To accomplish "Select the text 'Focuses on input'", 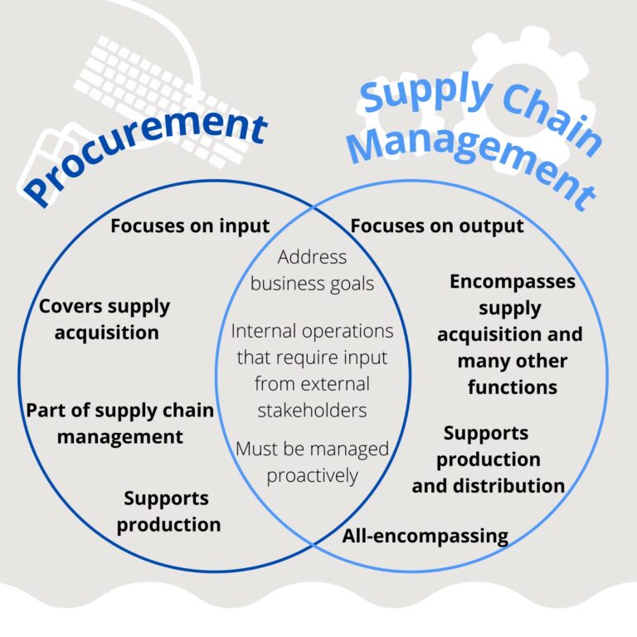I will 190,226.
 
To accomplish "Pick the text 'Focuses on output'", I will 437,226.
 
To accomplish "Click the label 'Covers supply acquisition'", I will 105,319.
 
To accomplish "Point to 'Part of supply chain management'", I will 119,423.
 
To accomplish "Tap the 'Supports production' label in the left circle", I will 168,511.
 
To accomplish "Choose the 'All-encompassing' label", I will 425,535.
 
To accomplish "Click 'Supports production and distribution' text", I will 488,459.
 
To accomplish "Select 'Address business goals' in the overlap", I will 312,270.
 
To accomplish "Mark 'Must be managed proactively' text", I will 312,462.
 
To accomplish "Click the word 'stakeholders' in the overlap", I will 312,411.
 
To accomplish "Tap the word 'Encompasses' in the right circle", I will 512,282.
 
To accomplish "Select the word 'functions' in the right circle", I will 512,387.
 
